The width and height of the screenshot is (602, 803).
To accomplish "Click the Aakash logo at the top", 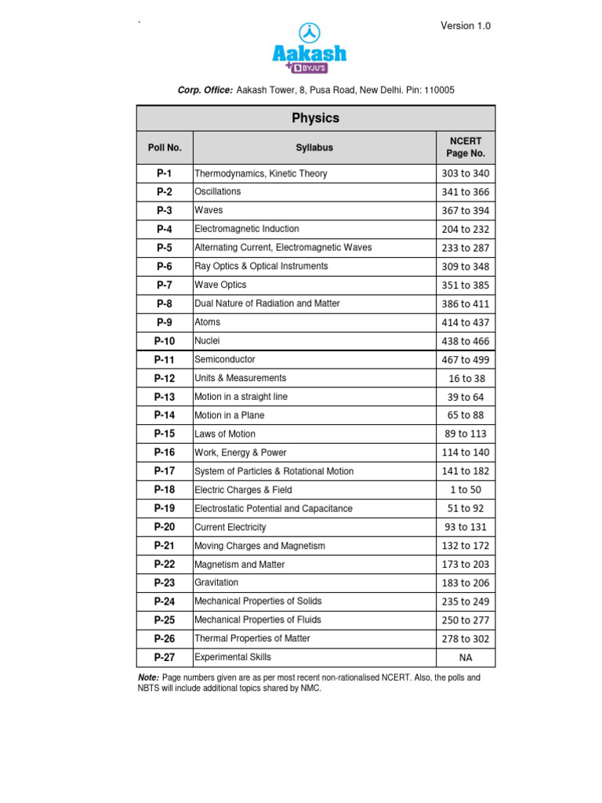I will click(309, 49).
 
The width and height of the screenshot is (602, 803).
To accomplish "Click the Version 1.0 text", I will click(466, 26).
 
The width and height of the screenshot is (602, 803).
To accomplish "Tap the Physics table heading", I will click(315, 118).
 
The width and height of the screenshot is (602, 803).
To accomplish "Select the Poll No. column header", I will click(165, 147).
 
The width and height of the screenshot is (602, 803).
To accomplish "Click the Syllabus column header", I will click(314, 147).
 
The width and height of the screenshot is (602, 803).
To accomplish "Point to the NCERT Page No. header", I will click(466, 147).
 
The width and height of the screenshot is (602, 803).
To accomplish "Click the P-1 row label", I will click(165, 173).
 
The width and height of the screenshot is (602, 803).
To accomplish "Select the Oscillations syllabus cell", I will click(218, 191).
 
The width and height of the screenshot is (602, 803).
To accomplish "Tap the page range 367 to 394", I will click(466, 210).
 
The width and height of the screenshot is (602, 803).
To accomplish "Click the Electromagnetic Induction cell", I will click(247, 229).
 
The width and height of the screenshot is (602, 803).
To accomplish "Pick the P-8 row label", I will click(165, 303).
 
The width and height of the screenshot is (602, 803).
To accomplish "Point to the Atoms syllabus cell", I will click(208, 322).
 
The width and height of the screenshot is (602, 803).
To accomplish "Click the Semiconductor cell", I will click(225, 359).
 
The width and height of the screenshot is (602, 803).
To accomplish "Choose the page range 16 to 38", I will click(466, 378).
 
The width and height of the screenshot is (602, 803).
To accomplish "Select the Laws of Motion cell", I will click(225, 434).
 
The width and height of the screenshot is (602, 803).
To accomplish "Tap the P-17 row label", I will click(165, 471).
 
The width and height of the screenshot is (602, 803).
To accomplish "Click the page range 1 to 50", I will click(466, 490).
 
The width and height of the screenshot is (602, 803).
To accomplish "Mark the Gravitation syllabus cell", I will click(216, 583).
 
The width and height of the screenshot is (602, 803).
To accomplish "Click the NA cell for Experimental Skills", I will click(466, 657).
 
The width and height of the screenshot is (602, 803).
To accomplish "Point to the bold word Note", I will click(148, 677).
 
